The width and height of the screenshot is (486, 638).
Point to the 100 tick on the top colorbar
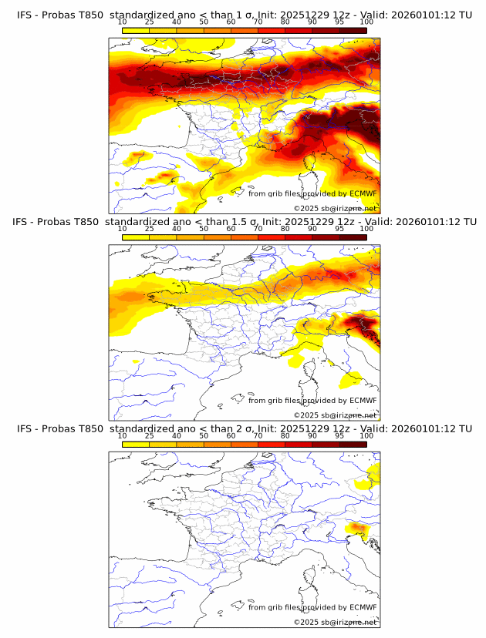coord(366,22)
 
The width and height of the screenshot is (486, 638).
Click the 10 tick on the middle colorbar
coord(123,229)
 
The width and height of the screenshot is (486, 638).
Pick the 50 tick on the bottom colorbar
coord(204,436)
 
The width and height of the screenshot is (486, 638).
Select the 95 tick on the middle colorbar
coord(339,229)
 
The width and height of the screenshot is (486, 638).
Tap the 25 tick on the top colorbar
coord(150,22)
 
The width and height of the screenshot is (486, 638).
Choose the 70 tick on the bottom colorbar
coord(258,436)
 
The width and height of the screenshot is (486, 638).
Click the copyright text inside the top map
coord(335,208)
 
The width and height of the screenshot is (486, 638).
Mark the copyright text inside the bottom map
coord(335,622)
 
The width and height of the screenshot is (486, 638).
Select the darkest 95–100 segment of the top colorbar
coord(353,30)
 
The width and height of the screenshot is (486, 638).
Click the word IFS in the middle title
coord(24,222)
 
